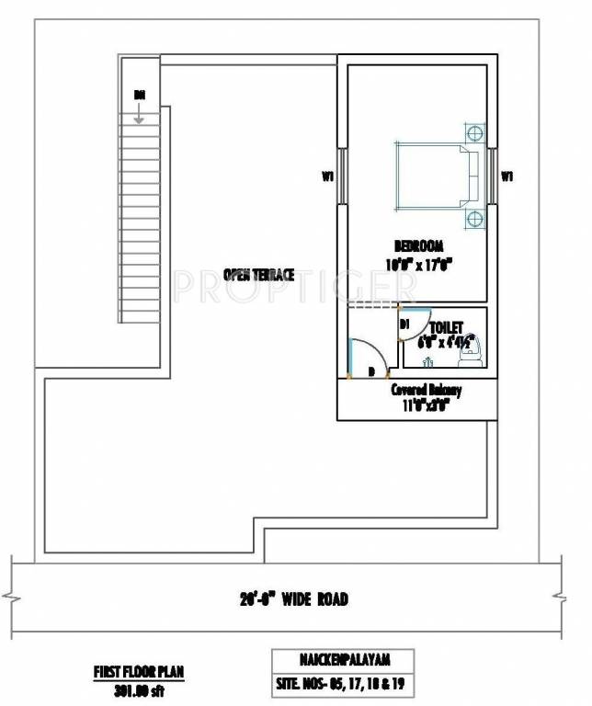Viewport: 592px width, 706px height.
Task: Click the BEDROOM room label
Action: [419, 246]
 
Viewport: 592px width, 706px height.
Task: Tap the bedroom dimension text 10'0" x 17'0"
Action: [419, 265]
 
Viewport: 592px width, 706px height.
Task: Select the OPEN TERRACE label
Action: [259, 274]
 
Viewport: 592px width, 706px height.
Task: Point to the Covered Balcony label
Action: [426, 390]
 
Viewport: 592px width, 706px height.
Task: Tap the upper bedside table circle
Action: [475, 132]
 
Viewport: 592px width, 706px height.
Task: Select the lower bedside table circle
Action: [475, 219]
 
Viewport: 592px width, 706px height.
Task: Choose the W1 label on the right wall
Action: [507, 175]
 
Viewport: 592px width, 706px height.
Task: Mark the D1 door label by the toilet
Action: [404, 324]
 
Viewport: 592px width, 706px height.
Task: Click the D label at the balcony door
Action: [370, 371]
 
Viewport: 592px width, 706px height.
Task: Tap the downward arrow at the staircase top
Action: [139, 115]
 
